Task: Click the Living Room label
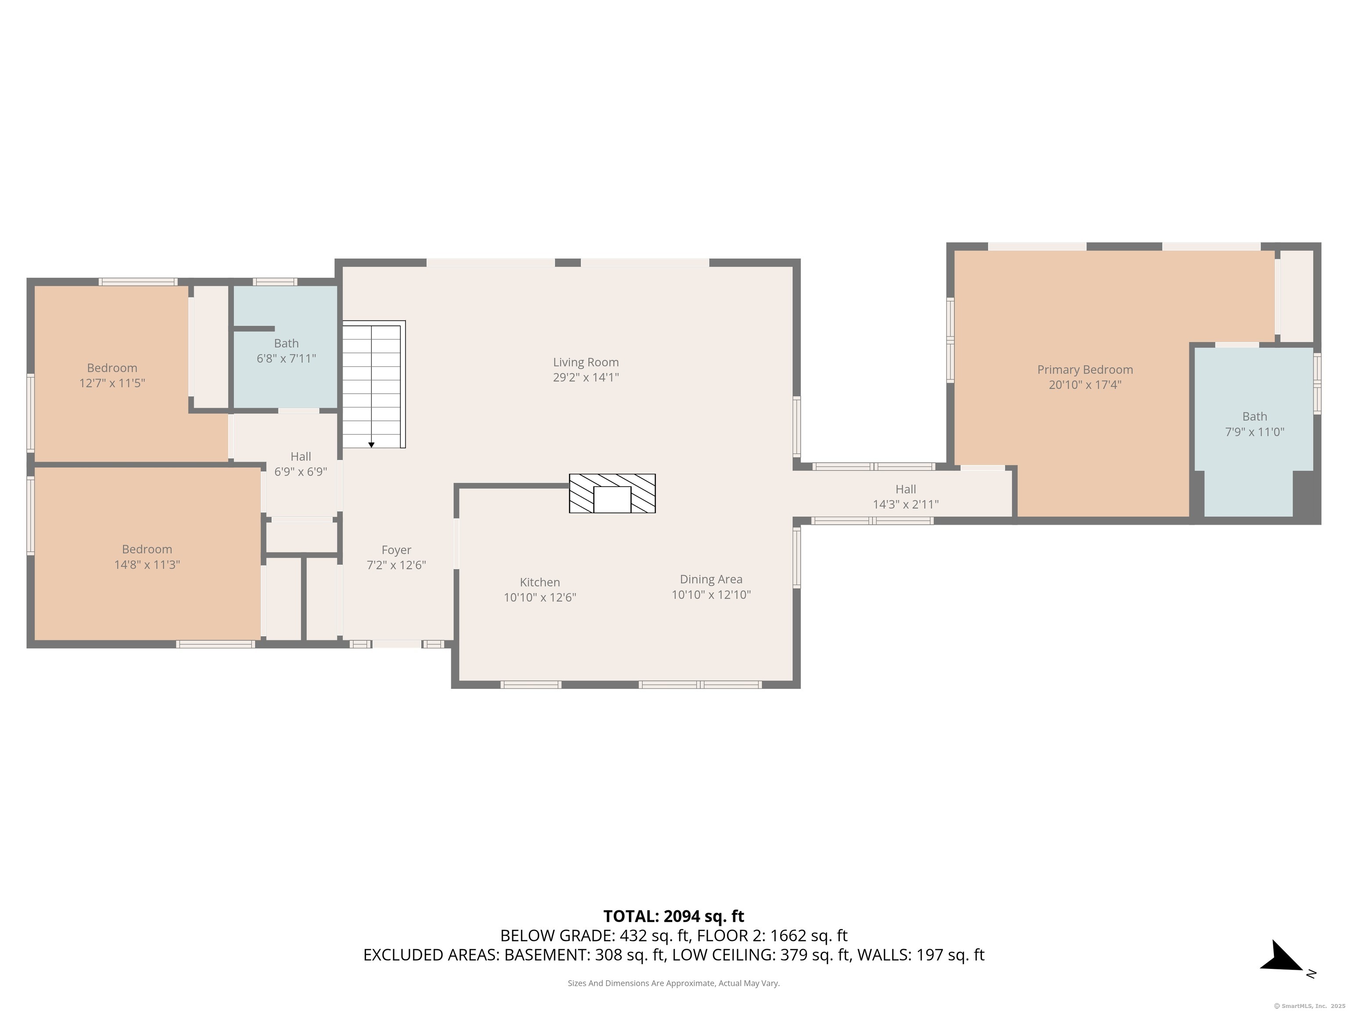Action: coord(586,362)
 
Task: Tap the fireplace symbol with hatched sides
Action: coord(612,493)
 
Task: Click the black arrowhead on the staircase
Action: coord(371,445)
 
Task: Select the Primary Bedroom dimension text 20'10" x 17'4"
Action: coord(1085,384)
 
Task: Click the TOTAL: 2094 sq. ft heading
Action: coord(674,916)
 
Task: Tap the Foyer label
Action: coord(396,550)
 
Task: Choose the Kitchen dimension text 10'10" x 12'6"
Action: coord(539,598)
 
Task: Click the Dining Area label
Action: coord(710,579)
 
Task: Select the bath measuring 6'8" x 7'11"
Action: coord(286,351)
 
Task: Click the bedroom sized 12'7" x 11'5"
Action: coord(112,375)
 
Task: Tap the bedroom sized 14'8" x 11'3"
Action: coord(147,557)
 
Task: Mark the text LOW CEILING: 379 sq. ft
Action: coord(760,955)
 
